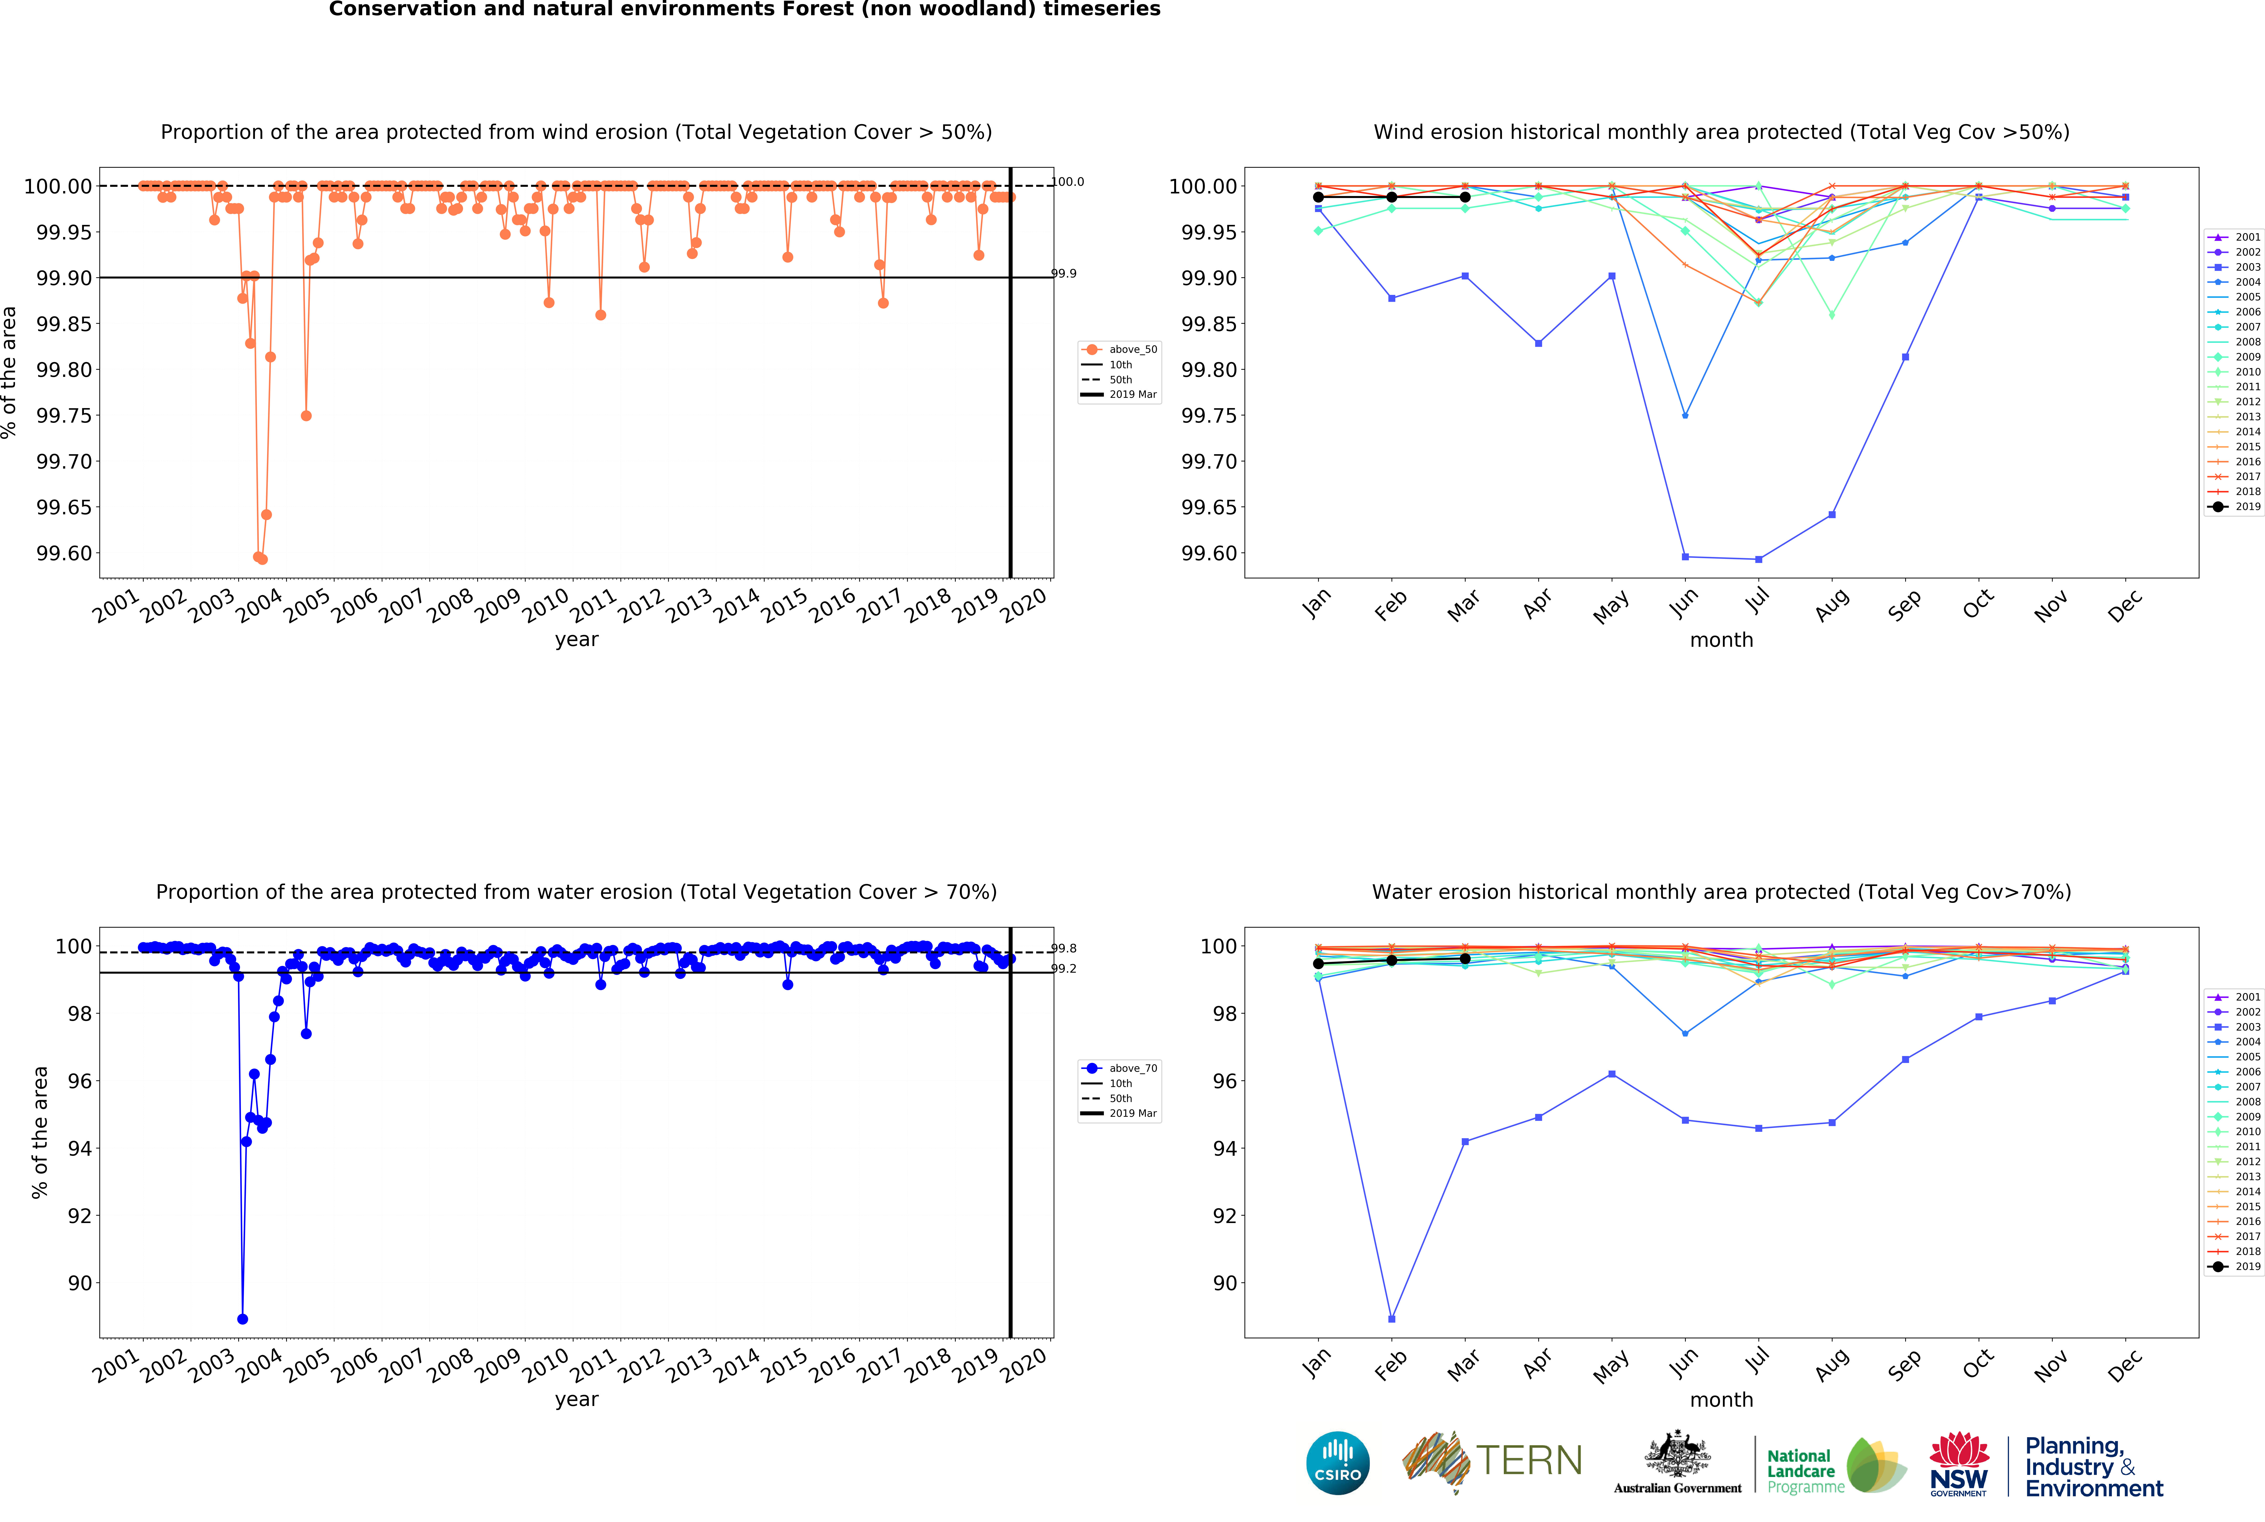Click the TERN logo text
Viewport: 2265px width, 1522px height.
pyautogui.click(x=1529, y=1461)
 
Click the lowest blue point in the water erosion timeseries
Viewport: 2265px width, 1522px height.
pyautogui.click(x=242, y=1319)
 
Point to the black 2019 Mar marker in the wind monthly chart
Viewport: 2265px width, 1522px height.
pyautogui.click(x=1465, y=197)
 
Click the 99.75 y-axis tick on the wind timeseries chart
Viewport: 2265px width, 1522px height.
pyautogui.click(x=64, y=415)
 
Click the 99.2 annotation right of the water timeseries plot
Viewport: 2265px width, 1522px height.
pyautogui.click(x=1064, y=969)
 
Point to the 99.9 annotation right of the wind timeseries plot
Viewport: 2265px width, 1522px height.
pyautogui.click(x=1064, y=274)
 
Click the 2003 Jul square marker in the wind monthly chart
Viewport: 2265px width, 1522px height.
pyautogui.click(x=1758, y=559)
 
